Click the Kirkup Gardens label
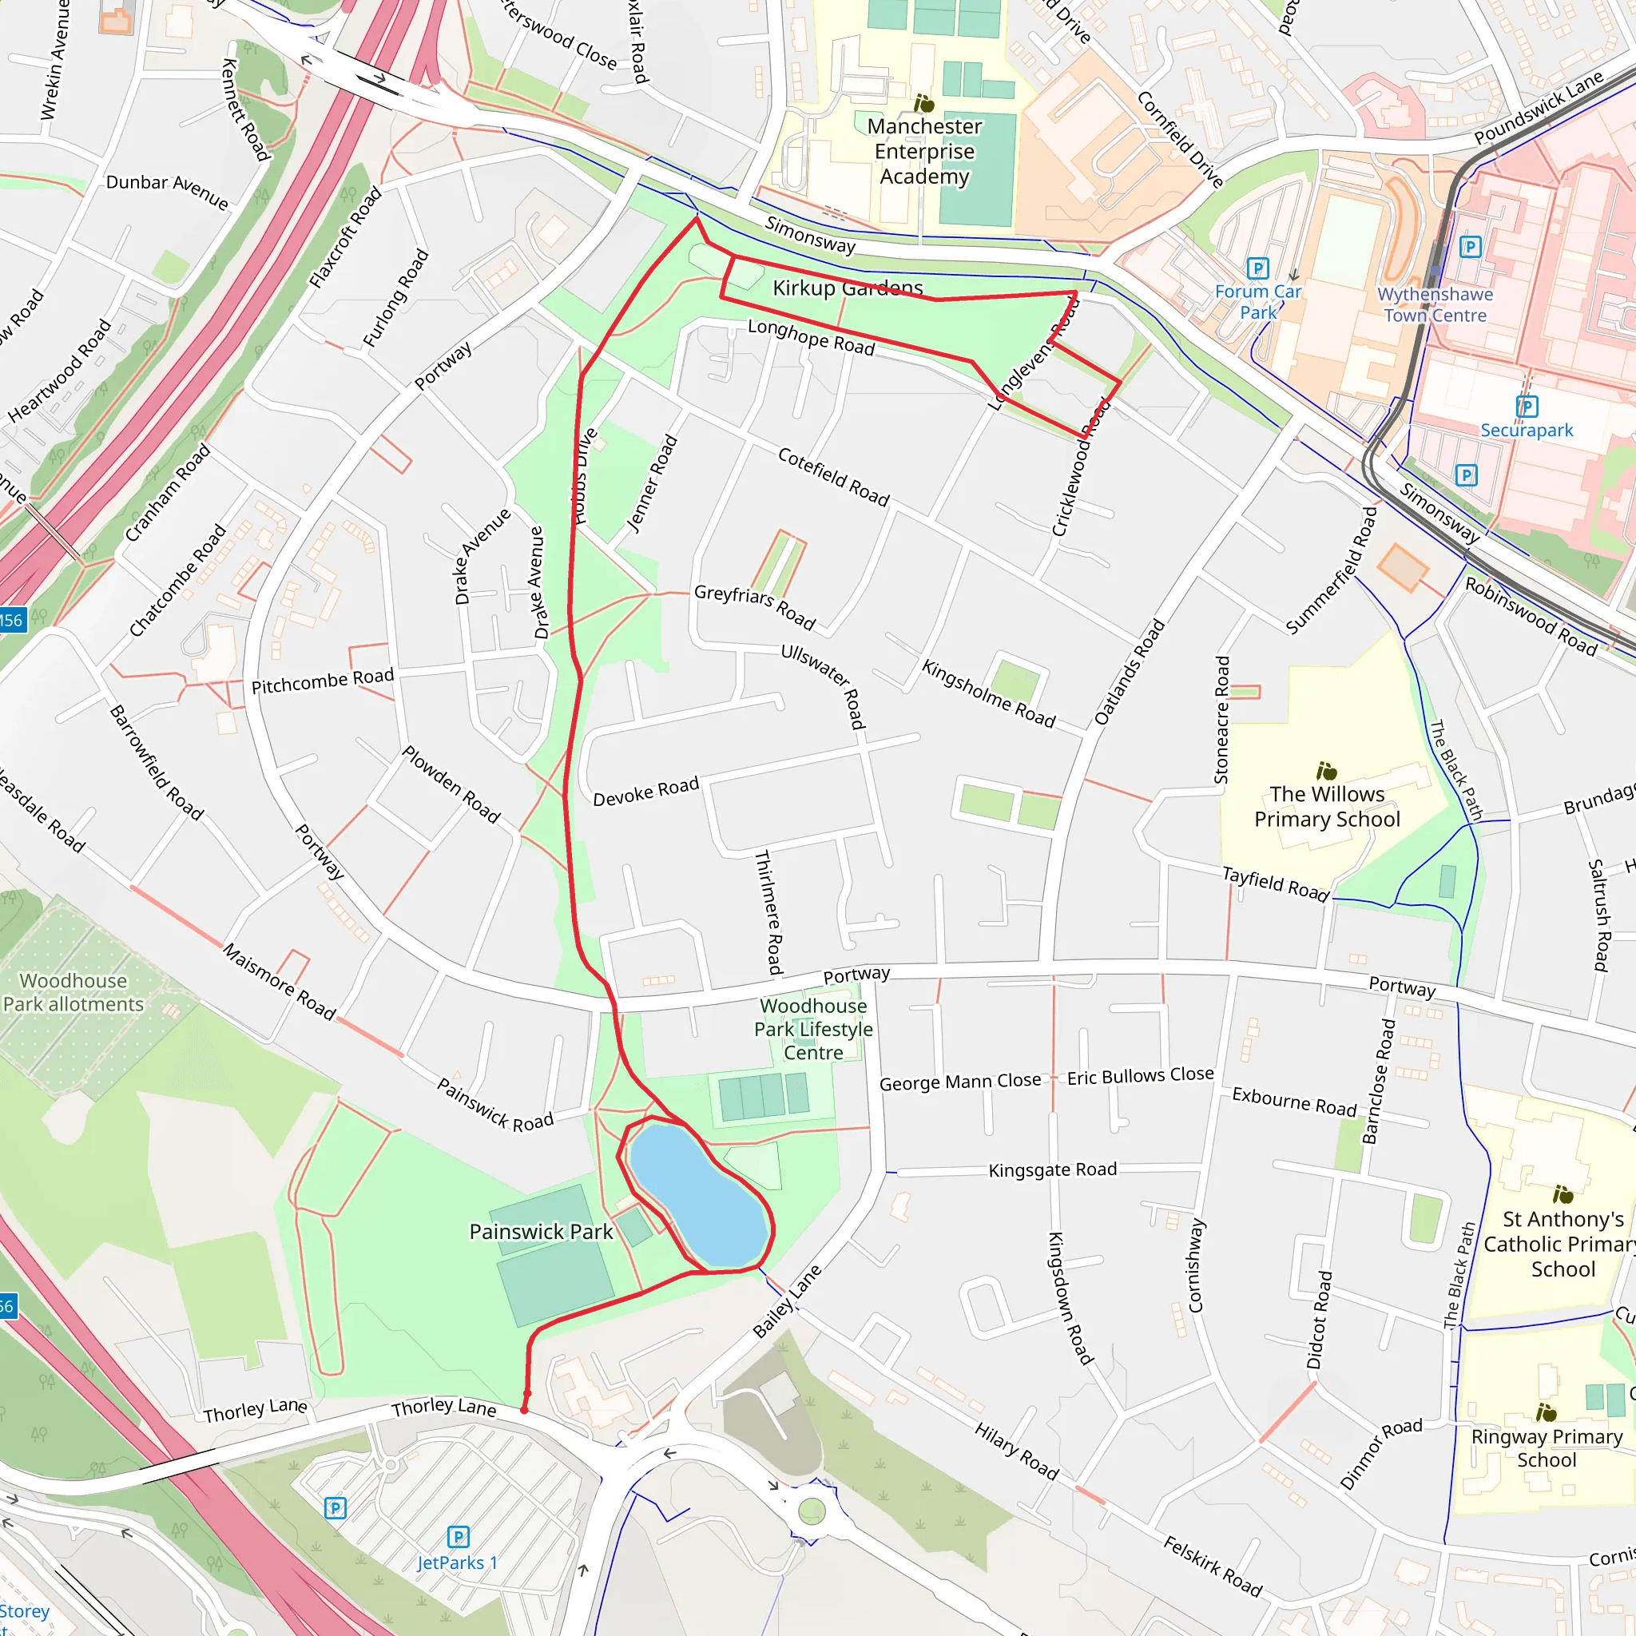(x=847, y=288)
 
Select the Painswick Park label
(x=540, y=1232)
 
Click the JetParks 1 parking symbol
(x=458, y=1537)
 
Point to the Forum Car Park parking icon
(x=1258, y=268)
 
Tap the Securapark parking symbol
(x=1526, y=407)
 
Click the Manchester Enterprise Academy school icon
(x=924, y=103)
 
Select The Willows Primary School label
(x=1327, y=806)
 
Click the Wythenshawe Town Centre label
(x=1435, y=305)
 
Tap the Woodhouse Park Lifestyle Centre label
(x=813, y=1029)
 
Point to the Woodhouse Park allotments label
(x=73, y=992)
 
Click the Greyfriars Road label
(x=754, y=607)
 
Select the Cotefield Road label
(x=833, y=478)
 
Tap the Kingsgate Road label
(x=1053, y=1170)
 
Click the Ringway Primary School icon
(x=1546, y=1412)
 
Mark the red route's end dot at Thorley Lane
(x=524, y=1410)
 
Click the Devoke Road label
(x=646, y=792)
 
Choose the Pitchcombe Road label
(x=323, y=681)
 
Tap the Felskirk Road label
(x=1212, y=1566)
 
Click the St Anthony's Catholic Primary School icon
(x=1563, y=1195)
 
